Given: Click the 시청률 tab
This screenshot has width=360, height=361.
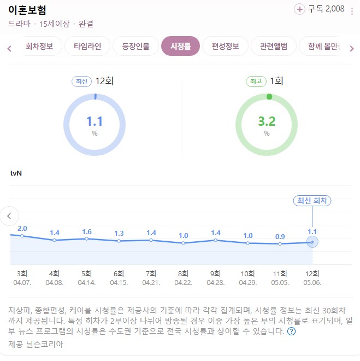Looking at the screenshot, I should tap(180, 46).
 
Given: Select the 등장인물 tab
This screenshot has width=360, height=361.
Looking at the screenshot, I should tap(136, 46).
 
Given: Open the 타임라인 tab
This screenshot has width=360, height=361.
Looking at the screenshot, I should tap(87, 46).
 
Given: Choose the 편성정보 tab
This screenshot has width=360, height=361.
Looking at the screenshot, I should tap(225, 46).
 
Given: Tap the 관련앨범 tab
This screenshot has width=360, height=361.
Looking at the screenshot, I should tap(273, 46).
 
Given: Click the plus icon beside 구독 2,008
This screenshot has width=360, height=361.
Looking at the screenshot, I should tap(300, 9).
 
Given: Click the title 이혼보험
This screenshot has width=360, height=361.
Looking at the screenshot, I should tap(27, 10).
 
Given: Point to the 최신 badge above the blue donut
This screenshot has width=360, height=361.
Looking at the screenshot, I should tap(81, 81).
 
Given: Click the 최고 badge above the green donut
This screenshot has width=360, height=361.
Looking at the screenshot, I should tap(255, 81).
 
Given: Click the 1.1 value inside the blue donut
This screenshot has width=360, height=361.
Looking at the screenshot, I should tap(95, 121).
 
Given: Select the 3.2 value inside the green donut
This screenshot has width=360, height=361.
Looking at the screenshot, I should tap(267, 121).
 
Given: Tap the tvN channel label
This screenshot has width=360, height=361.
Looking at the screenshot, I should tap(16, 173).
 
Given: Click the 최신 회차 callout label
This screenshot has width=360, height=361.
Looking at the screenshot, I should tap(312, 201).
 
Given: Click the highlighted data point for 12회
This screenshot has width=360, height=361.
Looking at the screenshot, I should tap(312, 242).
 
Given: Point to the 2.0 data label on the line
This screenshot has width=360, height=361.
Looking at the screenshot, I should tap(22, 228).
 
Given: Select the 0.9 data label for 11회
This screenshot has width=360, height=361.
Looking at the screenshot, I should tap(280, 236).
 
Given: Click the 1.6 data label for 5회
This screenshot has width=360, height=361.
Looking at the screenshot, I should tap(87, 231).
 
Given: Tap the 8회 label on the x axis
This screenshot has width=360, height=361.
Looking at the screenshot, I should tap(184, 273).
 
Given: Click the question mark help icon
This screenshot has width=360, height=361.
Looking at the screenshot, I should tap(291, 331).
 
